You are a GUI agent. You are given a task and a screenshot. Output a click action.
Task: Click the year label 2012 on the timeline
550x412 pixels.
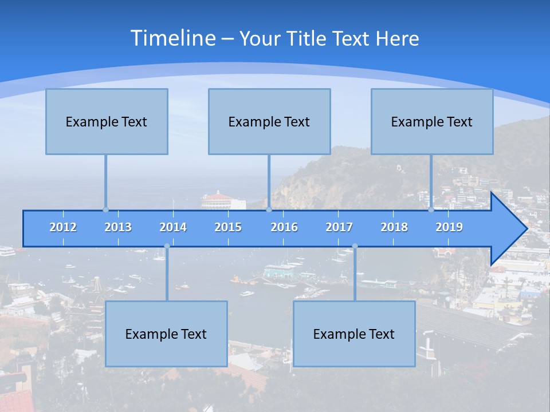click(63, 227)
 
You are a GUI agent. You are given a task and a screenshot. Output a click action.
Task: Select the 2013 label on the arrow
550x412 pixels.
click(118, 227)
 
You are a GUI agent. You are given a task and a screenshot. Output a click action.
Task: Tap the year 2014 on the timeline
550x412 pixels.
click(173, 227)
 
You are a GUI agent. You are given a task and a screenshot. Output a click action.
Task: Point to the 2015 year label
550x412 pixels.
click(228, 227)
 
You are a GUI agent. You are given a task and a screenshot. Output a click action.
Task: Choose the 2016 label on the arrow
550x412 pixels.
click(284, 227)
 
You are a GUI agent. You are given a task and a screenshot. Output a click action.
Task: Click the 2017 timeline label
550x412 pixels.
click(339, 227)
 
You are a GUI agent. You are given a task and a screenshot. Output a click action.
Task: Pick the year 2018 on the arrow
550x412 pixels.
click(394, 227)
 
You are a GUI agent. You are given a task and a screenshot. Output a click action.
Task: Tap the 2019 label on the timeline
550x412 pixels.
click(449, 227)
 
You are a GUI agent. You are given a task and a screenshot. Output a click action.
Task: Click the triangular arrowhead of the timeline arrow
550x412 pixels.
click(508, 229)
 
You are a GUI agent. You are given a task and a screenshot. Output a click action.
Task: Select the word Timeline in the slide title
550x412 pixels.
click(172, 38)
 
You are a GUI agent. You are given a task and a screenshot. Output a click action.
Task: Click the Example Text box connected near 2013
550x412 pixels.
click(107, 121)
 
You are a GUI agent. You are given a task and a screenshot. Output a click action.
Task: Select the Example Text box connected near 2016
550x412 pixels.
click(269, 121)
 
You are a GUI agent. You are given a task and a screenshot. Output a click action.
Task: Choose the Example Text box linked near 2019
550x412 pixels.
click(432, 121)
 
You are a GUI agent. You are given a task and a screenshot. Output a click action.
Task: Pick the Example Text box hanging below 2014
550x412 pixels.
click(166, 334)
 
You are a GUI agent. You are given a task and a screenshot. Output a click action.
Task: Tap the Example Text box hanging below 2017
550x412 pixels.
click(354, 334)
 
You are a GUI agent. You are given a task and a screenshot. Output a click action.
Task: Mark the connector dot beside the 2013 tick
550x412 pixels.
click(105, 209)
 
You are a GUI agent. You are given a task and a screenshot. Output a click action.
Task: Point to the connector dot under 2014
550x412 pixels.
click(167, 246)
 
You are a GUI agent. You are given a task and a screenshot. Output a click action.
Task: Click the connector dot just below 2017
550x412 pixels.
click(355, 246)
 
